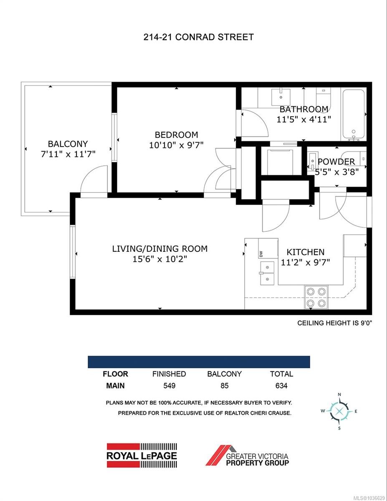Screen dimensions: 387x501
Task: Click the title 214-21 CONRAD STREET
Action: pyautogui.click(x=198, y=37)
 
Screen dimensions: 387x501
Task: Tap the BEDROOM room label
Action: pyautogui.click(x=176, y=135)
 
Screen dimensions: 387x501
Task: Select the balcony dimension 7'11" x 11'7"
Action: pyautogui.click(x=68, y=154)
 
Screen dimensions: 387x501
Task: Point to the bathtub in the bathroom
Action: pyautogui.click(x=353, y=115)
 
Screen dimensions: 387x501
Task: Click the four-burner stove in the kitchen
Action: pyautogui.click(x=316, y=297)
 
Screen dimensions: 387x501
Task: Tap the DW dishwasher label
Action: pyautogui.click(x=261, y=254)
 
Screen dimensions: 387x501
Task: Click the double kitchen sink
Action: pyautogui.click(x=267, y=273)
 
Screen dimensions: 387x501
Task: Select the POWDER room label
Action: pyautogui.click(x=336, y=162)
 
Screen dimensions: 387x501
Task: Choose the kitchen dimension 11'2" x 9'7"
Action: pyautogui.click(x=306, y=262)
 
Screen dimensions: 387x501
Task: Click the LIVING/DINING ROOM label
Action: pyautogui.click(x=160, y=249)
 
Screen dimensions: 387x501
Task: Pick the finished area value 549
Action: pyautogui.click(x=169, y=385)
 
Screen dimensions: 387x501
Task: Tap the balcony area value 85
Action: pyautogui.click(x=225, y=385)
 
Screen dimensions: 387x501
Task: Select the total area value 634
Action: pyautogui.click(x=281, y=385)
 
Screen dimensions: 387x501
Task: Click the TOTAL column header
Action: pyautogui.click(x=281, y=374)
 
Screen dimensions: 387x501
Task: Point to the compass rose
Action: pyautogui.click(x=339, y=411)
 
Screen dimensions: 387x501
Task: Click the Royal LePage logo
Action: pyautogui.click(x=142, y=455)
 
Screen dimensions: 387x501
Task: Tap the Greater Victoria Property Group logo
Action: pyautogui.click(x=247, y=455)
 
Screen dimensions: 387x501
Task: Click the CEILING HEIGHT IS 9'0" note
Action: pyautogui.click(x=335, y=323)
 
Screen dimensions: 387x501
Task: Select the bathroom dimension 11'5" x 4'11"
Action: pyautogui.click(x=304, y=120)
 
